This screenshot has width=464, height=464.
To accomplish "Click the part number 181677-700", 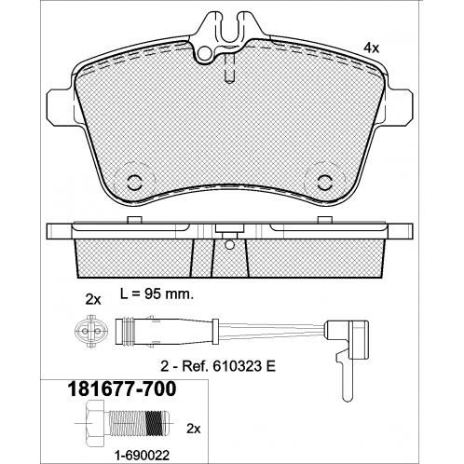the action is [122, 389].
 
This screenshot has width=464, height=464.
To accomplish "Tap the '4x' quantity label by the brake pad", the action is [372, 48].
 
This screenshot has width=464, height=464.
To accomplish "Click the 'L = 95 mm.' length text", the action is [157, 294].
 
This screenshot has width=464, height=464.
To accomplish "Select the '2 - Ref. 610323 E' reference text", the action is [218, 367].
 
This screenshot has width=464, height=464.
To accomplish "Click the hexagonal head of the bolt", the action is [94, 423].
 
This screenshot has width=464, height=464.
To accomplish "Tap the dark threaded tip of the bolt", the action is [157, 423].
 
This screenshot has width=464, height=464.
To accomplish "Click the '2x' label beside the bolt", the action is [194, 429].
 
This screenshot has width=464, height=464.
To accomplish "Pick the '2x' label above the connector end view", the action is [93, 300].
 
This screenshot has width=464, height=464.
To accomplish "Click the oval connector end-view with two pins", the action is [90, 332].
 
